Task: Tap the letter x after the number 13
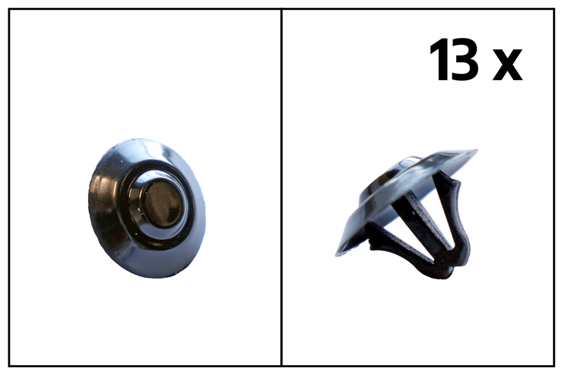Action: point(507,65)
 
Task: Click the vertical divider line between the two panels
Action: point(281,187)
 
